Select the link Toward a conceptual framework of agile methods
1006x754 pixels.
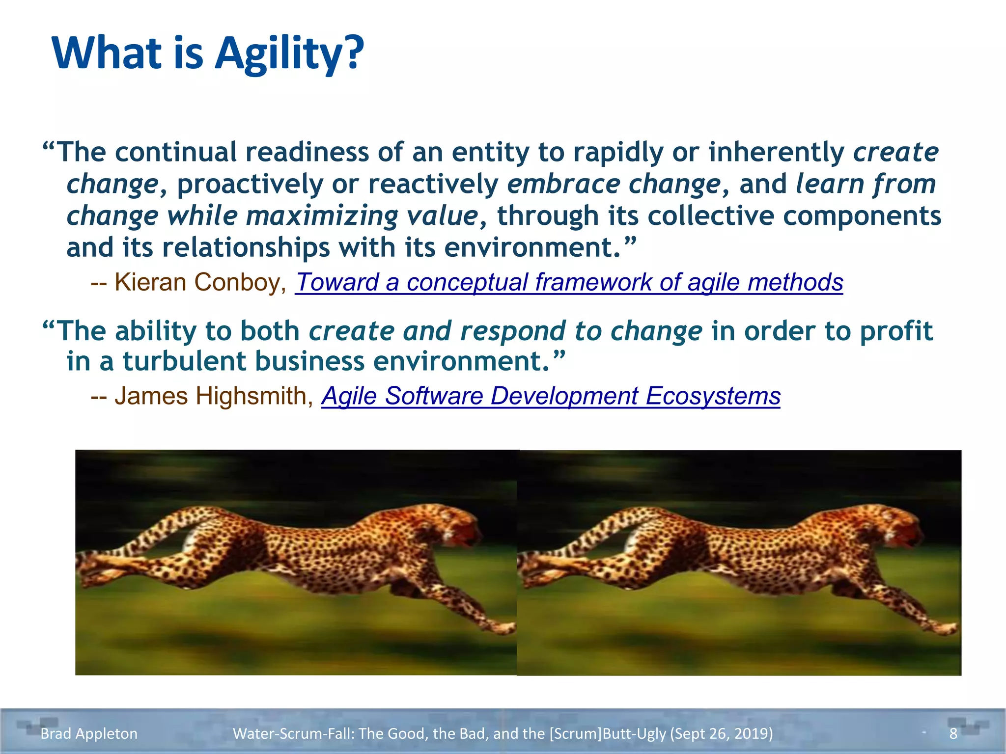click(569, 283)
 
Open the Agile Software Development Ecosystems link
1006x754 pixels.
click(551, 396)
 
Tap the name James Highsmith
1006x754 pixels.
click(211, 396)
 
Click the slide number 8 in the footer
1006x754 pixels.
click(953, 733)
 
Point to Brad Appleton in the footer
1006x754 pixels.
click(89, 733)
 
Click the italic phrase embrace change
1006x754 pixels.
click(614, 185)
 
